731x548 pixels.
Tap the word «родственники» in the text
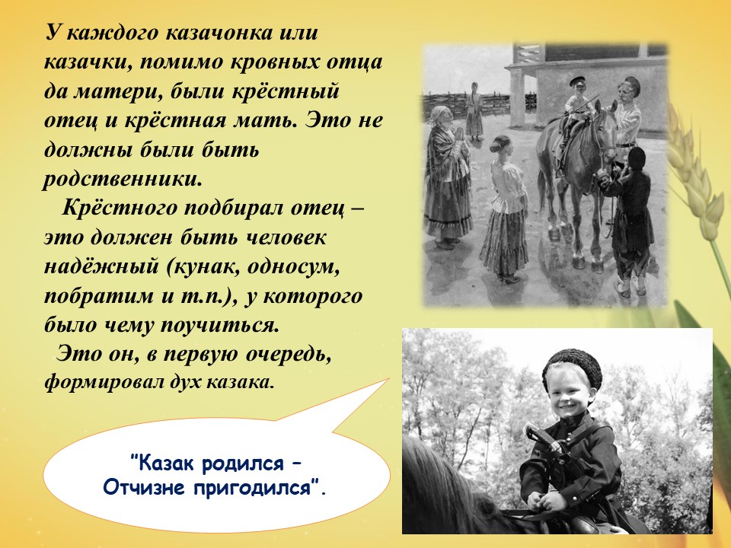click(x=123, y=180)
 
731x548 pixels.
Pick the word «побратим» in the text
click(x=99, y=296)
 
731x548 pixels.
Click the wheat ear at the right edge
click(x=693, y=173)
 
